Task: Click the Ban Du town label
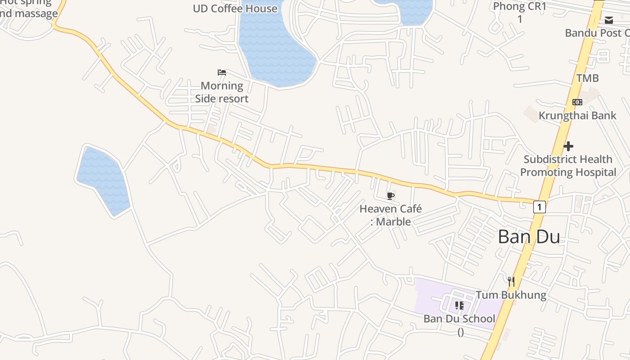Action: (529, 237)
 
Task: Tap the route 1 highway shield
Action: (540, 207)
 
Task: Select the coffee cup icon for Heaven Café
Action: (390, 196)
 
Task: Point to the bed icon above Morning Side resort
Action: (221, 72)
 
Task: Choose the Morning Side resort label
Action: (222, 92)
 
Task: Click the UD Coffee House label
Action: (235, 9)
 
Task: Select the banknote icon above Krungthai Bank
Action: (577, 102)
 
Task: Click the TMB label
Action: (587, 78)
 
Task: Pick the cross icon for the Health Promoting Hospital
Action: (568, 146)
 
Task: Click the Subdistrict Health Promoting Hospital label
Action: (568, 166)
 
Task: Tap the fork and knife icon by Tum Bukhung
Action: (511, 282)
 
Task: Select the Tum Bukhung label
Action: (511, 295)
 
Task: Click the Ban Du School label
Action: (459, 319)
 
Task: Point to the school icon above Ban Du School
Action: (459, 306)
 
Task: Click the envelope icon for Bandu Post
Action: (609, 20)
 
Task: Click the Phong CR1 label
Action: (520, 7)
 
